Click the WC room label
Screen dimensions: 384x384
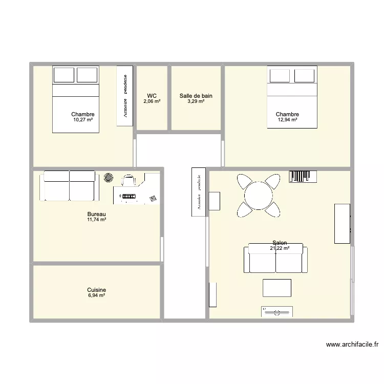(x=152, y=96)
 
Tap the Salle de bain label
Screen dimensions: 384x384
(x=196, y=96)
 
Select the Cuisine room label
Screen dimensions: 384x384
(x=97, y=290)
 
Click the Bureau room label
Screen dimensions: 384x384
(x=97, y=214)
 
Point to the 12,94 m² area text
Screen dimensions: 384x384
(x=287, y=120)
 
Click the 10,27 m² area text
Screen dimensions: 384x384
(x=83, y=120)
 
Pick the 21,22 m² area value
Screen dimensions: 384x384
(x=280, y=248)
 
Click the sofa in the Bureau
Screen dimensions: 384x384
(x=69, y=185)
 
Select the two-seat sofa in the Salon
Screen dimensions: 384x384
(x=276, y=259)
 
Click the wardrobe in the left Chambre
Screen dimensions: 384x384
(x=125, y=95)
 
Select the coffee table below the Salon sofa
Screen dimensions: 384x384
(x=277, y=288)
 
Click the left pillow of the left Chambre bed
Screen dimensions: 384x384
(x=64, y=75)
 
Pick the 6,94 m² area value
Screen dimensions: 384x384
(x=97, y=295)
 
